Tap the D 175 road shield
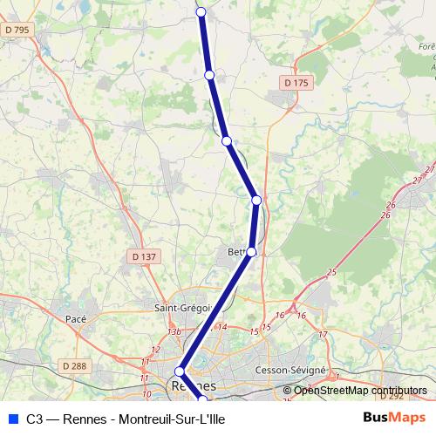[296, 82]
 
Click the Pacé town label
[76, 319]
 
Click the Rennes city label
[194, 385]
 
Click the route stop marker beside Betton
[251, 252]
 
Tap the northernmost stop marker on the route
[201, 11]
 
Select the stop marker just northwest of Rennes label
[181, 371]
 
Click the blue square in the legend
[12, 419]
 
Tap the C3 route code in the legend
[35, 419]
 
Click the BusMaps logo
[393, 418]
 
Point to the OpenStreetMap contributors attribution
[360, 391]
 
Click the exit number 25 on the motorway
[331, 273]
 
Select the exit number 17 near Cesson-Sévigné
[323, 335]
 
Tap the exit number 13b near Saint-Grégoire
[174, 331]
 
